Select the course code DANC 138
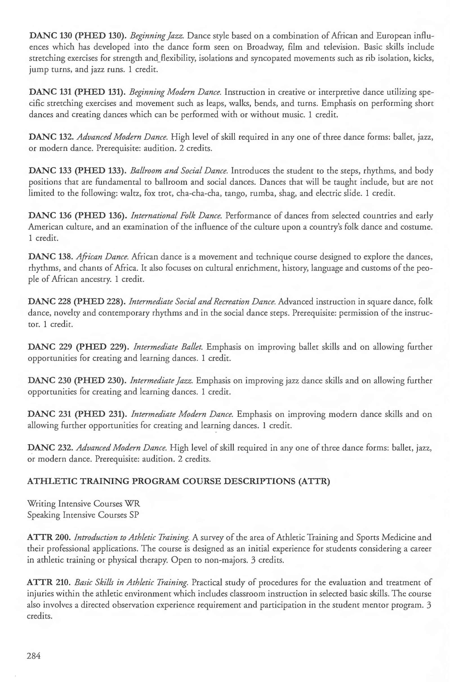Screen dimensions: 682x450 (49, 257)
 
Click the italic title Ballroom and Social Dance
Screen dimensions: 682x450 (179, 171)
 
